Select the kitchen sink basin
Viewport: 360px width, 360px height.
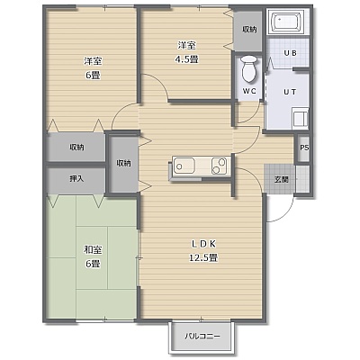pyautogui.click(x=184, y=166)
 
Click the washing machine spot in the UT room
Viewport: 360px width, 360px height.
pyautogui.click(x=300, y=118)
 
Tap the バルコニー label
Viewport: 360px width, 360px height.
pyautogui.click(x=202, y=336)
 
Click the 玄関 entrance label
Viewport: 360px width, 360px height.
pyautogui.click(x=282, y=179)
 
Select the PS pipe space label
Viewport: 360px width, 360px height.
pyautogui.click(x=304, y=148)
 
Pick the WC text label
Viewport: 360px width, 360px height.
pyautogui.click(x=249, y=92)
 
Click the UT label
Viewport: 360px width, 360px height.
pyautogui.click(x=290, y=92)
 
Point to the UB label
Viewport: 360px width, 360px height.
pyautogui.click(x=290, y=53)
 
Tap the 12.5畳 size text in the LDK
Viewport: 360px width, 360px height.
pyautogui.click(x=203, y=257)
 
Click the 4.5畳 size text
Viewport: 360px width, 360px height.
pyautogui.click(x=186, y=59)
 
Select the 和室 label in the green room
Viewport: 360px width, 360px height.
pyautogui.click(x=93, y=249)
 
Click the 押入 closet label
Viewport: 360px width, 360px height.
pyautogui.click(x=76, y=179)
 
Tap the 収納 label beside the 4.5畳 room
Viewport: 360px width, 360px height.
pyautogui.click(x=249, y=29)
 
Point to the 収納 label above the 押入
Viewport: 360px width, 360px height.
pyautogui.click(x=76, y=148)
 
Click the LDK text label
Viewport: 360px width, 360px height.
pyautogui.click(x=203, y=244)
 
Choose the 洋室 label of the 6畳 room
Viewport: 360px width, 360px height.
pyautogui.click(x=93, y=61)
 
